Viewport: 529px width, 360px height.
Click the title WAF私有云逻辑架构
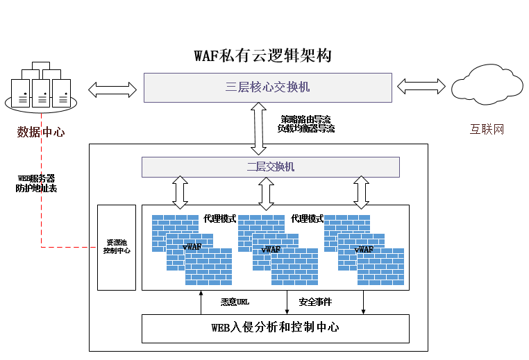pos(262,56)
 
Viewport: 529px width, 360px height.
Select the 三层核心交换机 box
pos(267,87)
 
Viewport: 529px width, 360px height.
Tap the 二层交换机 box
pos(271,167)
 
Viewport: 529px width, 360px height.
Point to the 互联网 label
pos(487,130)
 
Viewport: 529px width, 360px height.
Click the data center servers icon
pos(41,87)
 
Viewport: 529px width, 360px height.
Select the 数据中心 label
pos(40,132)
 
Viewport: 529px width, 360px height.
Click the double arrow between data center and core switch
pos(112,89)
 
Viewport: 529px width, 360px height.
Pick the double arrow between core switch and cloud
pos(420,86)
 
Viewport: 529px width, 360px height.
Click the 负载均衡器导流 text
pos(306,128)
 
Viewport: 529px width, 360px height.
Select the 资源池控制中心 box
pos(117,247)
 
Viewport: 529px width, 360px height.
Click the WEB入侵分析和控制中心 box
pos(275,328)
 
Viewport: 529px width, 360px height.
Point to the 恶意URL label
pos(235,302)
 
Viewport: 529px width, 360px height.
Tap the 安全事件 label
pos(315,302)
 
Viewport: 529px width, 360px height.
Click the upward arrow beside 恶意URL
pos(201,302)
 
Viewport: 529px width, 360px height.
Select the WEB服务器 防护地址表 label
pos(36,183)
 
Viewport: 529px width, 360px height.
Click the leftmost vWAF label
pos(192,248)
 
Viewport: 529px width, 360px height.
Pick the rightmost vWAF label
pos(364,249)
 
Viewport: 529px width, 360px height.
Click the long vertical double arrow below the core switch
pos(259,128)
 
